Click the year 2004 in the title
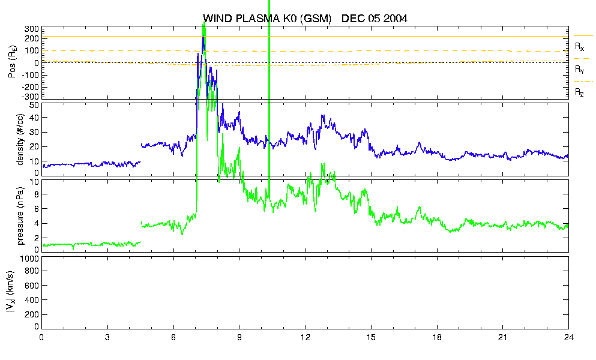tap(396, 19)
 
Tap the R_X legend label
tap(579, 47)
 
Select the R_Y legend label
tap(579, 69)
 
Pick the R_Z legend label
tap(579, 92)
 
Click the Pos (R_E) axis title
tap(13, 62)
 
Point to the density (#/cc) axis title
tap(20, 139)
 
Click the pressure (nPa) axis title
tap(20, 215)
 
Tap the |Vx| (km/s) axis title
tap(11, 292)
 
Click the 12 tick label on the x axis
tap(305, 337)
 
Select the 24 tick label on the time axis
tap(568, 337)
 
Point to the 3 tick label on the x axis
tap(107, 337)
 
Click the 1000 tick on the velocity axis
tap(31, 259)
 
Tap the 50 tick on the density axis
tap(34, 106)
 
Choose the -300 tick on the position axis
tap(31, 97)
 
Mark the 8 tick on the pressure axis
tap(37, 194)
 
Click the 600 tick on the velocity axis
tap(32, 285)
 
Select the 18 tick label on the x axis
tap(437, 337)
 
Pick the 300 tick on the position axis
tap(32, 29)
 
